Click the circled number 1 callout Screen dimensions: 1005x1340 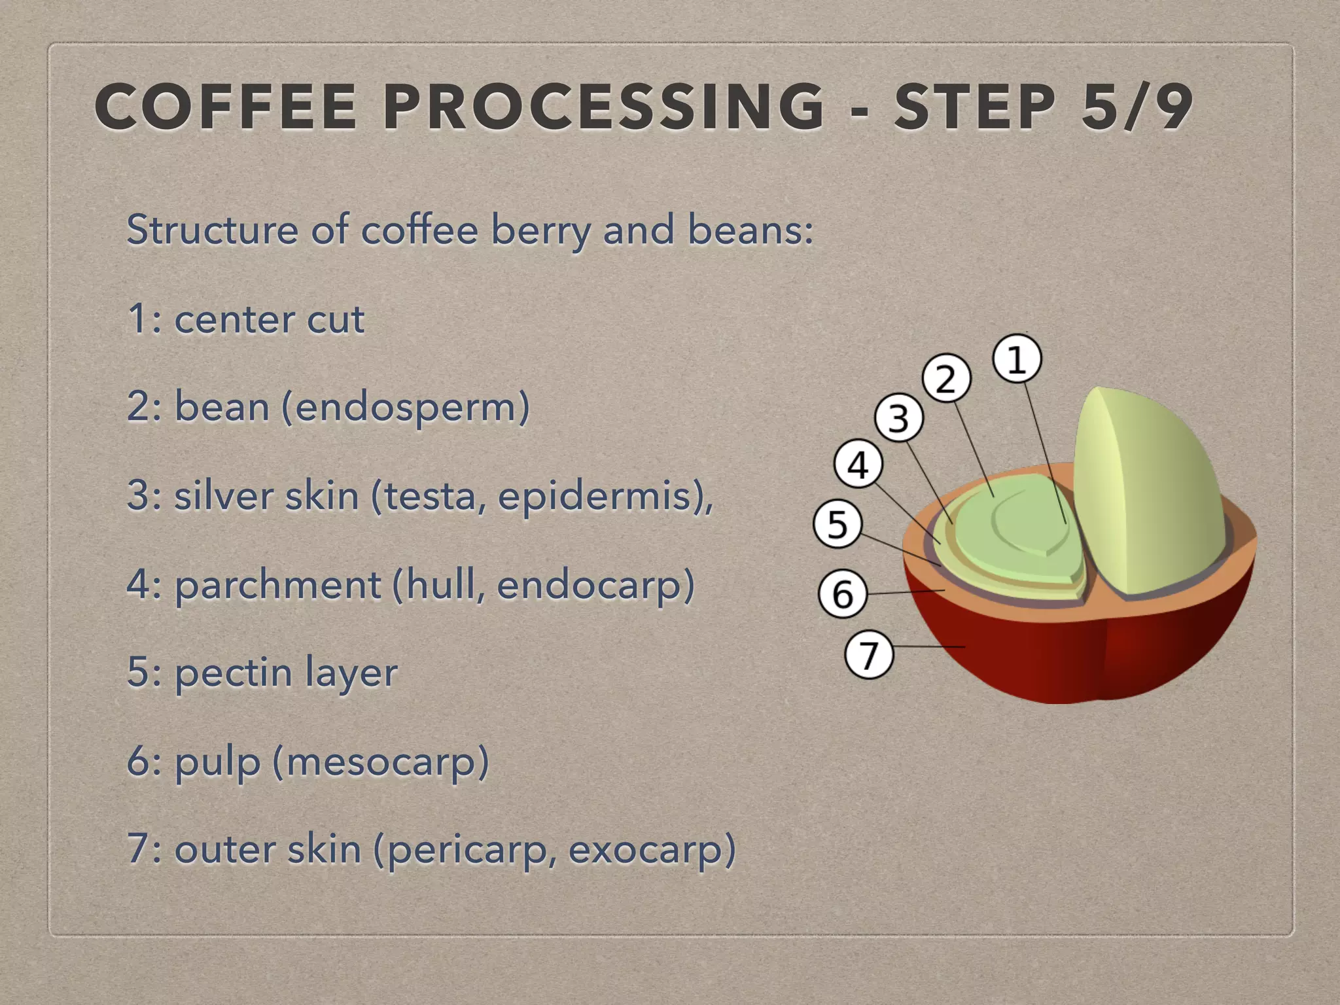[1017, 359]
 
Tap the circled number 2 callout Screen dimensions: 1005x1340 [946, 378]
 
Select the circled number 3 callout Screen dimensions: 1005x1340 [899, 417]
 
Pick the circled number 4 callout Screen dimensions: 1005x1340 [858, 465]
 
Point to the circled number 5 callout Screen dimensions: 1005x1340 [837, 523]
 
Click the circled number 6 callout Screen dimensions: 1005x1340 [843, 593]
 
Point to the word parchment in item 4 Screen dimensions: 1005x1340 [278, 585]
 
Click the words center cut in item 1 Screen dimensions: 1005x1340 [269, 320]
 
